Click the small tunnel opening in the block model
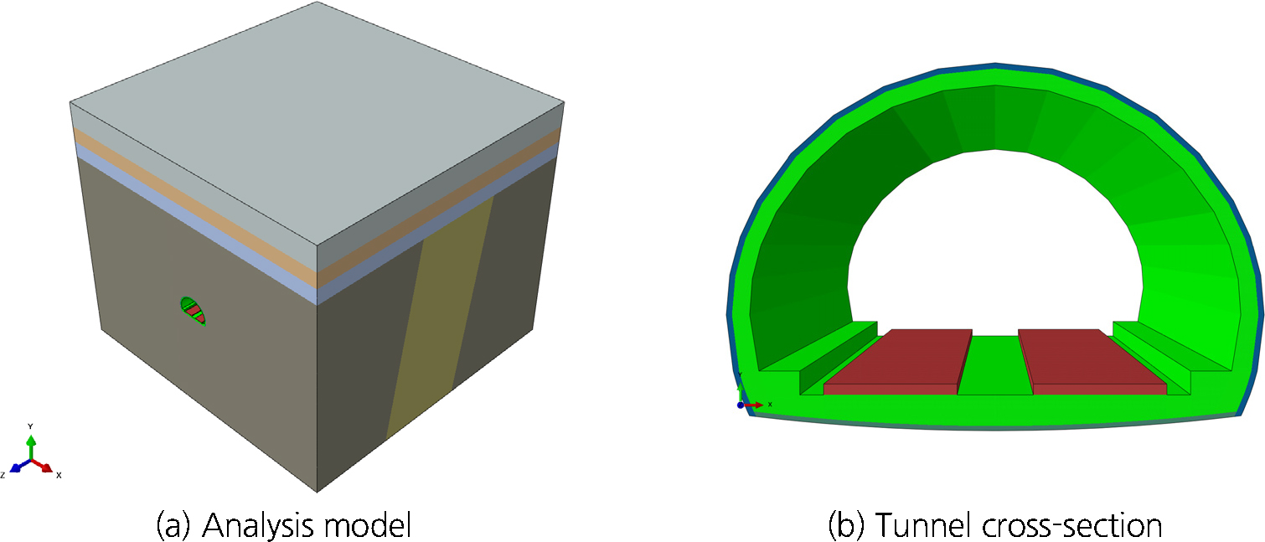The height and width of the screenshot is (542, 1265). click(194, 311)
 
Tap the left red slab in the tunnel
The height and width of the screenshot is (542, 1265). click(898, 361)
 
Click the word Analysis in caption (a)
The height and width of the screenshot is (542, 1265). click(258, 525)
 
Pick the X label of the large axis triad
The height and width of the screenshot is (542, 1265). click(59, 475)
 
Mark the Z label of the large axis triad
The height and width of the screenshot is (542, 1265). click(3, 475)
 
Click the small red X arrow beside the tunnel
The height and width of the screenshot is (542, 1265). click(752, 405)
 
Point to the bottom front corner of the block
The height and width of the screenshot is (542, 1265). click(317, 493)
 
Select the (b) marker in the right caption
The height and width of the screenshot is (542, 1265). click(846, 525)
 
